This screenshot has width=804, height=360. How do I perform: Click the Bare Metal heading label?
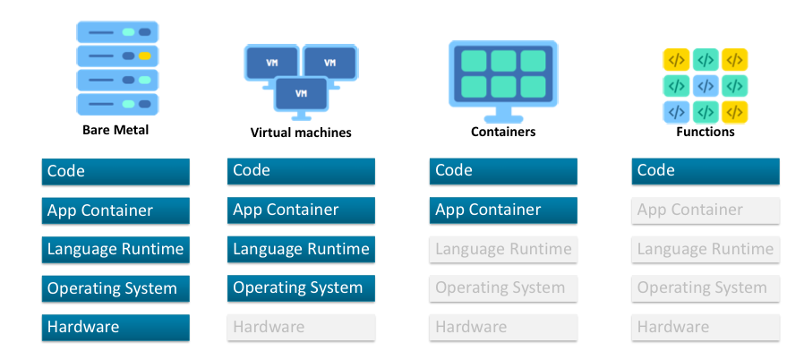(x=115, y=131)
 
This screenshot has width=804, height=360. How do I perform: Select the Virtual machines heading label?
(x=301, y=133)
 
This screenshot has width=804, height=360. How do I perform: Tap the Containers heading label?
(x=503, y=132)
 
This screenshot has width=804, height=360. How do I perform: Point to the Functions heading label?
(x=706, y=132)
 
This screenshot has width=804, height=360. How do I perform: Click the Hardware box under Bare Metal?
(x=115, y=328)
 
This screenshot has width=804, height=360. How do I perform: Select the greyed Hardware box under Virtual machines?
(x=301, y=328)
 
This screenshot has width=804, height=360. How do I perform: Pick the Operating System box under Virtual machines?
(x=301, y=288)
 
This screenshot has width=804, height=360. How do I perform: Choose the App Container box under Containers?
(x=503, y=210)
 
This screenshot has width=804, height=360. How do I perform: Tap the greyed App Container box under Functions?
(x=706, y=210)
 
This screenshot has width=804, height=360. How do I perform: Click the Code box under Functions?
(x=706, y=171)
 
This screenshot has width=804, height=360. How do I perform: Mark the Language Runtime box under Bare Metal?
(x=115, y=250)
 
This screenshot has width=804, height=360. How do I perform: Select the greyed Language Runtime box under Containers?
(x=503, y=250)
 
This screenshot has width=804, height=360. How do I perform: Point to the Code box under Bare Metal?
(x=115, y=171)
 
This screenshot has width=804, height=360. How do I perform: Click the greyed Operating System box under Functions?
(x=706, y=288)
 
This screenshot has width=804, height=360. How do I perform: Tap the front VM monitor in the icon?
(x=301, y=92)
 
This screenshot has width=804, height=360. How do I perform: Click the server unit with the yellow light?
(x=116, y=56)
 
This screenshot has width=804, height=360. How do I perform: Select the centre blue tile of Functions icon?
(x=706, y=86)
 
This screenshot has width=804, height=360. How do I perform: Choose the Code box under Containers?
(x=503, y=171)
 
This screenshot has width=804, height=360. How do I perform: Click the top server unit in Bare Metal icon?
(x=116, y=32)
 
